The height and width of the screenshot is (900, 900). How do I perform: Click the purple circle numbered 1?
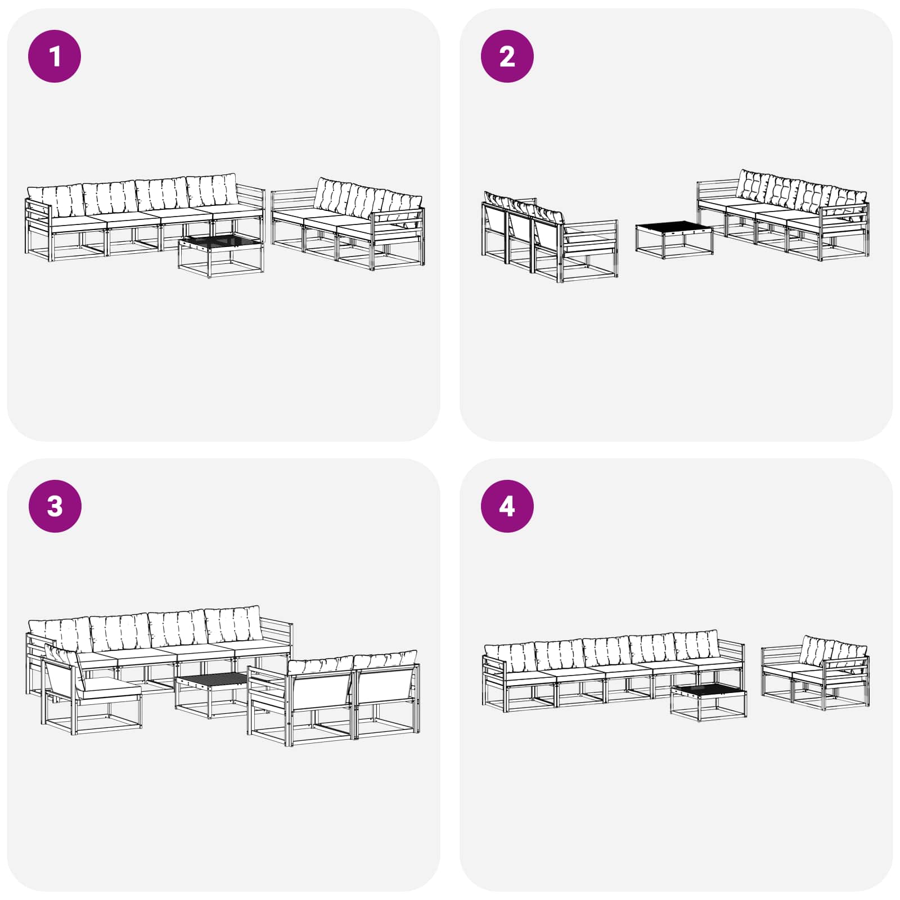pos(55,56)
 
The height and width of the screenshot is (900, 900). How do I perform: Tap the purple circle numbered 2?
pos(507,56)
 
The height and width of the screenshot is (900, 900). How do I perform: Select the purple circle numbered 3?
pos(55,506)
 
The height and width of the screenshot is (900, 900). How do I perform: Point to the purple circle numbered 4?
pos(507,506)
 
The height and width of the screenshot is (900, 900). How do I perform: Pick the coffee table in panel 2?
pos(674,238)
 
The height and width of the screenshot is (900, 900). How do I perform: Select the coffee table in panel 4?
pos(708,700)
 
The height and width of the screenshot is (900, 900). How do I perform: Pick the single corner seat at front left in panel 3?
pos(90,692)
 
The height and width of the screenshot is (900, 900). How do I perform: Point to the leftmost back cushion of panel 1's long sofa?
pos(55,201)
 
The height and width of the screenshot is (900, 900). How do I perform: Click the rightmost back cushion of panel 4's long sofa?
pos(696,645)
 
